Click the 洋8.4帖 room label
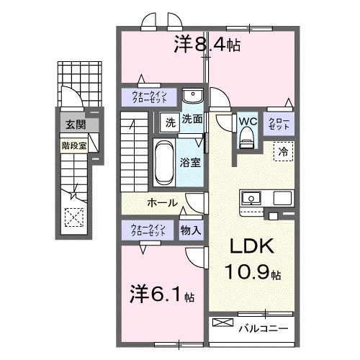coord(207,45)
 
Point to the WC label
coord(248,121)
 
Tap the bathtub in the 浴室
coord(163,162)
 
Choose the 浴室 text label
coord(191,163)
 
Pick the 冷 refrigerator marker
coord(283,152)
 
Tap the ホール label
coord(163,203)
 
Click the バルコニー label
coord(263,328)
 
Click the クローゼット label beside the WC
coord(279,122)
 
